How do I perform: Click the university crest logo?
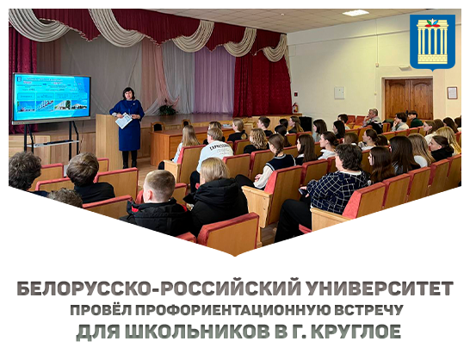(x=432, y=42)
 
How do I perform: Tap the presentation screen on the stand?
(x=53, y=96)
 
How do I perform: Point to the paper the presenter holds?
(x=123, y=121)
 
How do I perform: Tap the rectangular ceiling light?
(x=356, y=13)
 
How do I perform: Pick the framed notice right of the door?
(x=452, y=92)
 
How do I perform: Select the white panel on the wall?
(x=338, y=90)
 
